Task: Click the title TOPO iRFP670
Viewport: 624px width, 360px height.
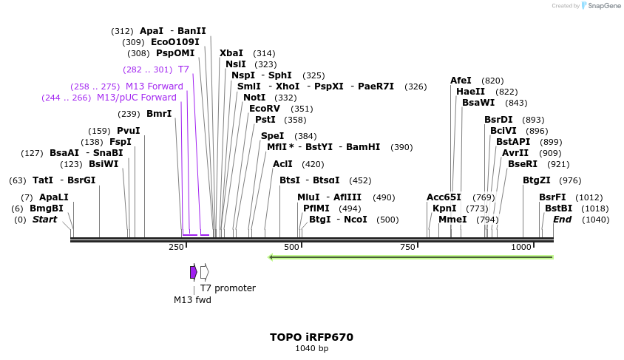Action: [311, 337]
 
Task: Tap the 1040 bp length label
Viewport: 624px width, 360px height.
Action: [311, 348]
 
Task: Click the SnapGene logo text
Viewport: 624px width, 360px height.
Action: [603, 6]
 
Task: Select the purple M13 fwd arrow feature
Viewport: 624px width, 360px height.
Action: [193, 272]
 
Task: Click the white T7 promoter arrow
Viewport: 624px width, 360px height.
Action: [205, 272]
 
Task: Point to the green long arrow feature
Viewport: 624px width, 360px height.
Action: [410, 257]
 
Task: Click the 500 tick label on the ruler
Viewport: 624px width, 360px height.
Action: [291, 247]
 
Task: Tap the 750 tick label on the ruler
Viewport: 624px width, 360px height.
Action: [407, 247]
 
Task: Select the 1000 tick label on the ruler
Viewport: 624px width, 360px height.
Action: [522, 247]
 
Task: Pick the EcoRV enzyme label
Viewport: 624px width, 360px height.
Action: [265, 109]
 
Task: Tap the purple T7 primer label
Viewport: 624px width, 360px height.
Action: [183, 69]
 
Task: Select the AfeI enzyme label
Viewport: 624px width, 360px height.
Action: [461, 81]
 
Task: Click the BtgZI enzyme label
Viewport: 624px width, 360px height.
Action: [537, 180]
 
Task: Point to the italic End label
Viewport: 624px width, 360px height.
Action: [562, 220]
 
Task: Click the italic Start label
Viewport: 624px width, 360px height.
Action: [44, 220]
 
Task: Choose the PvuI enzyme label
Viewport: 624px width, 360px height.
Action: [128, 131]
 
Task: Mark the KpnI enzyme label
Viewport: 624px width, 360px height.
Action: [444, 208]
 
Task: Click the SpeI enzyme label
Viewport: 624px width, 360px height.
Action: [272, 136]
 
